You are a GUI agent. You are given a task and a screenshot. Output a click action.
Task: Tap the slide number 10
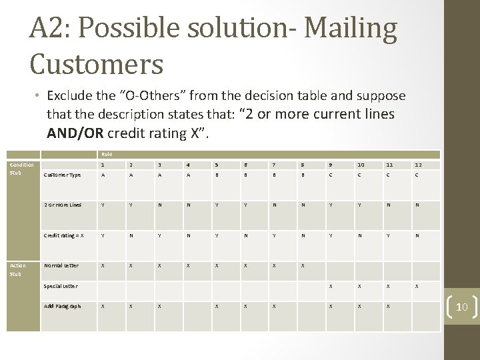pos(461,306)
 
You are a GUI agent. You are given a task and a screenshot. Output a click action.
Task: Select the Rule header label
pos(106,154)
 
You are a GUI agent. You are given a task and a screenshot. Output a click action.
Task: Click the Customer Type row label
pos(62,175)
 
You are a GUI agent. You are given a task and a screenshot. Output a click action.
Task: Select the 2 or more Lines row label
pos(62,205)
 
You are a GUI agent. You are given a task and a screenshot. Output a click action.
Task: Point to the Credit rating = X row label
pos(64,235)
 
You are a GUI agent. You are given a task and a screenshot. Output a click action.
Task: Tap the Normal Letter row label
pos(61,265)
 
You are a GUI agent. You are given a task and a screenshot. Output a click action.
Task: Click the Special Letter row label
pos(61,286)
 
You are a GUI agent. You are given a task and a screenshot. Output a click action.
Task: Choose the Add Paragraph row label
pos(63,306)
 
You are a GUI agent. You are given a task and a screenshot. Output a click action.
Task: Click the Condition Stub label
pos(21,169)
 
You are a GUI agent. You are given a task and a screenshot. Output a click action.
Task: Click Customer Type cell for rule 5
pos(216,175)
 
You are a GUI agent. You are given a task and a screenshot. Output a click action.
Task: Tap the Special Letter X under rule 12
pos(418,286)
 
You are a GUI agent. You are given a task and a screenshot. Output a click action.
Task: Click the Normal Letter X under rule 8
pos(303,265)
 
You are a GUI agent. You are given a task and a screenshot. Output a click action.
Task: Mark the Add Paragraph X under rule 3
pos(159,306)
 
